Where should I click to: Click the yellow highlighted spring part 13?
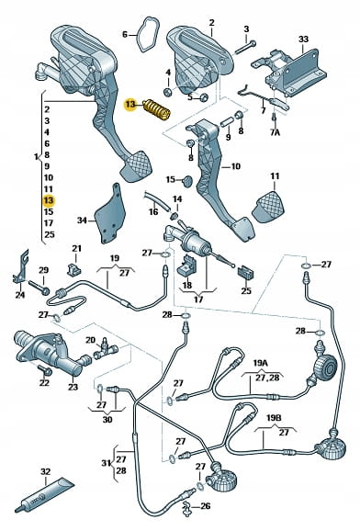pos(156,109)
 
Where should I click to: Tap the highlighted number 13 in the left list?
pos(49,200)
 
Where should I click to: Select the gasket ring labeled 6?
pos(146,34)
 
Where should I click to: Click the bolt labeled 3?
pos(245,48)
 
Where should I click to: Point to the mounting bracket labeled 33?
pos(290,73)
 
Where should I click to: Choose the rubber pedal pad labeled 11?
pos(268,207)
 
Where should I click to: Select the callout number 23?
pos(73,387)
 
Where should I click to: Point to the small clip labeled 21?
pos(75,269)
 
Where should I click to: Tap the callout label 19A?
pos(260,363)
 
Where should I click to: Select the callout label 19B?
pos(274,418)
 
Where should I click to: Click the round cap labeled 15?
pos(187,181)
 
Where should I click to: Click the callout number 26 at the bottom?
pos(205,506)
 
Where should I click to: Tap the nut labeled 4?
pos(168,92)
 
